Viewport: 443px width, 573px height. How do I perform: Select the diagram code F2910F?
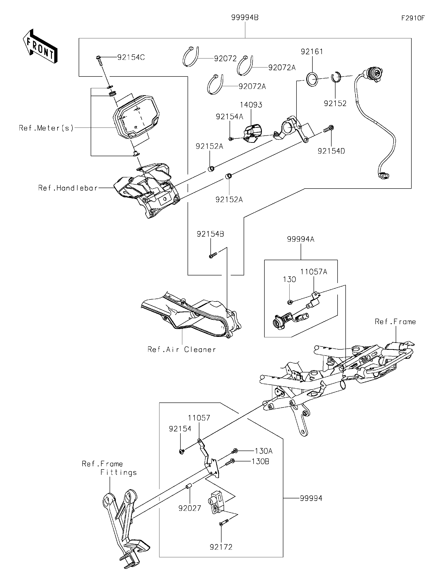[x=413, y=18]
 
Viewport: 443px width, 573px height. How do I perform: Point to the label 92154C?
[x=131, y=58]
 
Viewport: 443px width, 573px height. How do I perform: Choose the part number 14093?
[x=251, y=105]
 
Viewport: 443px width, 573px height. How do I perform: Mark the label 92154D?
[x=331, y=151]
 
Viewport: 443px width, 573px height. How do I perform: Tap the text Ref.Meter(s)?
[x=46, y=128]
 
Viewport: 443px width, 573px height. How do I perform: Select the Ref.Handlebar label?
[x=68, y=188]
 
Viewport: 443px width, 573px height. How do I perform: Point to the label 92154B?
[x=210, y=234]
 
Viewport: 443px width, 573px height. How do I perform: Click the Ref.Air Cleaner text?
[x=182, y=350]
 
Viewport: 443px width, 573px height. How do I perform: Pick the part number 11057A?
[x=314, y=272]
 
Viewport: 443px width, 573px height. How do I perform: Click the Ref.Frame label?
[x=395, y=322]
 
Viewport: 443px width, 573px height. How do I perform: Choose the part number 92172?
[x=221, y=547]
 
